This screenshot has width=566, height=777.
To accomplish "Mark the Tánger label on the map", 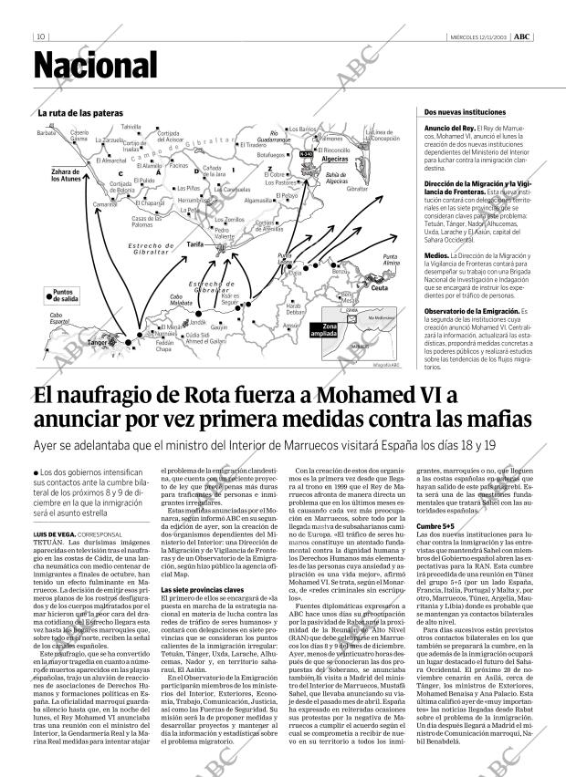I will click(98, 343).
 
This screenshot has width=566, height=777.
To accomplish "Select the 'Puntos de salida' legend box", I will click(63, 295).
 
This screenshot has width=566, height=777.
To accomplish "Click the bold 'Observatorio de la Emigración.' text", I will click(471, 311).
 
